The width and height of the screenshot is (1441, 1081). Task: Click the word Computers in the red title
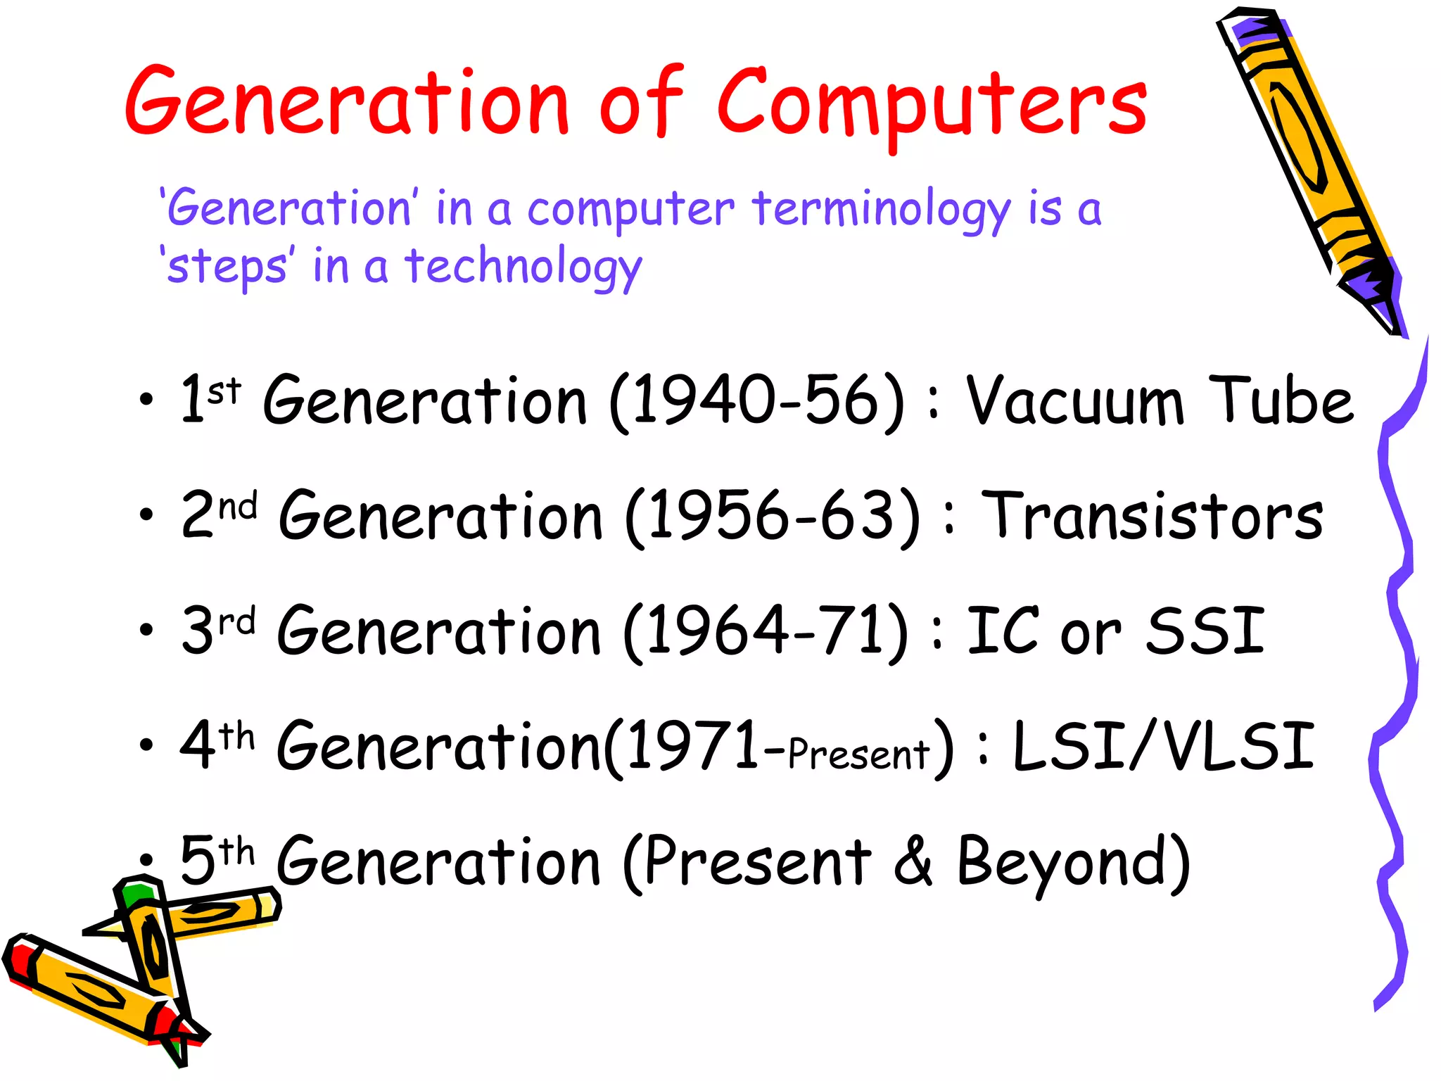pos(932,106)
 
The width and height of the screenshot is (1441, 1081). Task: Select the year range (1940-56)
pos(757,400)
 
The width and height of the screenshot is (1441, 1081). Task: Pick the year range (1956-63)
pos(773,517)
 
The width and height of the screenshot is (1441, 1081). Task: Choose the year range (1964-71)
pos(767,631)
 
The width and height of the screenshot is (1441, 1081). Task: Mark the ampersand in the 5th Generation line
pos(913,862)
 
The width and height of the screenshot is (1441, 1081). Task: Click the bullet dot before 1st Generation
pos(146,400)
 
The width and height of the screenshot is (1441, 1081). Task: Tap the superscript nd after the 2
pos(237,506)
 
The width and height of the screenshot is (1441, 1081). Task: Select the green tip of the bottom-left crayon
pos(136,894)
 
